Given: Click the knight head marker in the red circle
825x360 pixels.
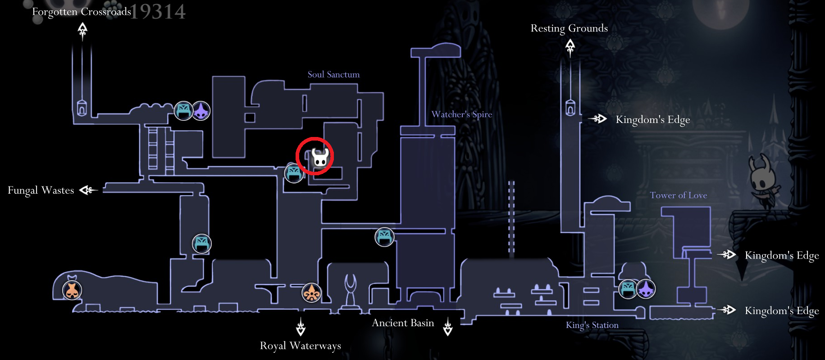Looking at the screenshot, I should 320,158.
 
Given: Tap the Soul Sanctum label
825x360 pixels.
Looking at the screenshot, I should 333,74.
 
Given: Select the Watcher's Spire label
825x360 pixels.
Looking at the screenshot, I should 461,114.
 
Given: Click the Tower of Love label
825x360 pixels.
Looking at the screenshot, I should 678,195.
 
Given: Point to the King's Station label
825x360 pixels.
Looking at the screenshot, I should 592,325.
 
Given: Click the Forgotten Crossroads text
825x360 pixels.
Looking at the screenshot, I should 82,12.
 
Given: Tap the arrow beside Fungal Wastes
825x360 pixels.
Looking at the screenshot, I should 88,190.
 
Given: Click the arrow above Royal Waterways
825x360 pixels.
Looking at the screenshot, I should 301,327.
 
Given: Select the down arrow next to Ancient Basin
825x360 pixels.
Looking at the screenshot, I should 447,327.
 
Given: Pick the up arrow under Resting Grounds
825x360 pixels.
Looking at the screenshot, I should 570,47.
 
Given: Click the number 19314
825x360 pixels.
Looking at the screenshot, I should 158,12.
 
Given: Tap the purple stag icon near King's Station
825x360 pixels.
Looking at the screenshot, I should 646,289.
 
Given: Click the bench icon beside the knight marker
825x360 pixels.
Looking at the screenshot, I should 294,173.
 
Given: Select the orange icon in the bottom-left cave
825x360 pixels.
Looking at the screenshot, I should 72,290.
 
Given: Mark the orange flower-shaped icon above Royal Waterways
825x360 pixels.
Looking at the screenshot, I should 311,293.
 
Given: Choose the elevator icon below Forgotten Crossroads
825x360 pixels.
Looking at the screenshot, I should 82,108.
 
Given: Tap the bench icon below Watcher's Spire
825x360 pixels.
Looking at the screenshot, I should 384,237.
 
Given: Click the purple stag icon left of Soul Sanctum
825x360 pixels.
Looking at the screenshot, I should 201,111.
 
